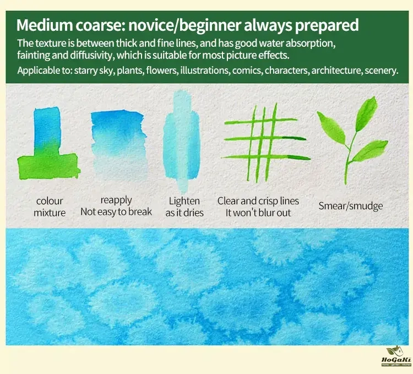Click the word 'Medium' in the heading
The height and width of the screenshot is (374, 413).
(45, 25)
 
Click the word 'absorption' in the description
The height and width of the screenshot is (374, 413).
(310, 44)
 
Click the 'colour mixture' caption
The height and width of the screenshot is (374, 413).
(50, 207)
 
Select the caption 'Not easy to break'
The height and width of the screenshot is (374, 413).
(116, 212)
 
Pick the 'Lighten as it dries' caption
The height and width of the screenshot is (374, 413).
(184, 207)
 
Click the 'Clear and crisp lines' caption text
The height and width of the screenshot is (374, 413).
(258, 201)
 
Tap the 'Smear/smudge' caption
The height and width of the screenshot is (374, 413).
(351, 205)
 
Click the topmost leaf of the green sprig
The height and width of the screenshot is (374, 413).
(367, 113)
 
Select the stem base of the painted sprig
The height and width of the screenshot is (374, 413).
(346, 182)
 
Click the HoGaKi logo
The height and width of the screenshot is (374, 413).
(396, 356)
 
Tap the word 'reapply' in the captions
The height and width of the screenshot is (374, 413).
(116, 200)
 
